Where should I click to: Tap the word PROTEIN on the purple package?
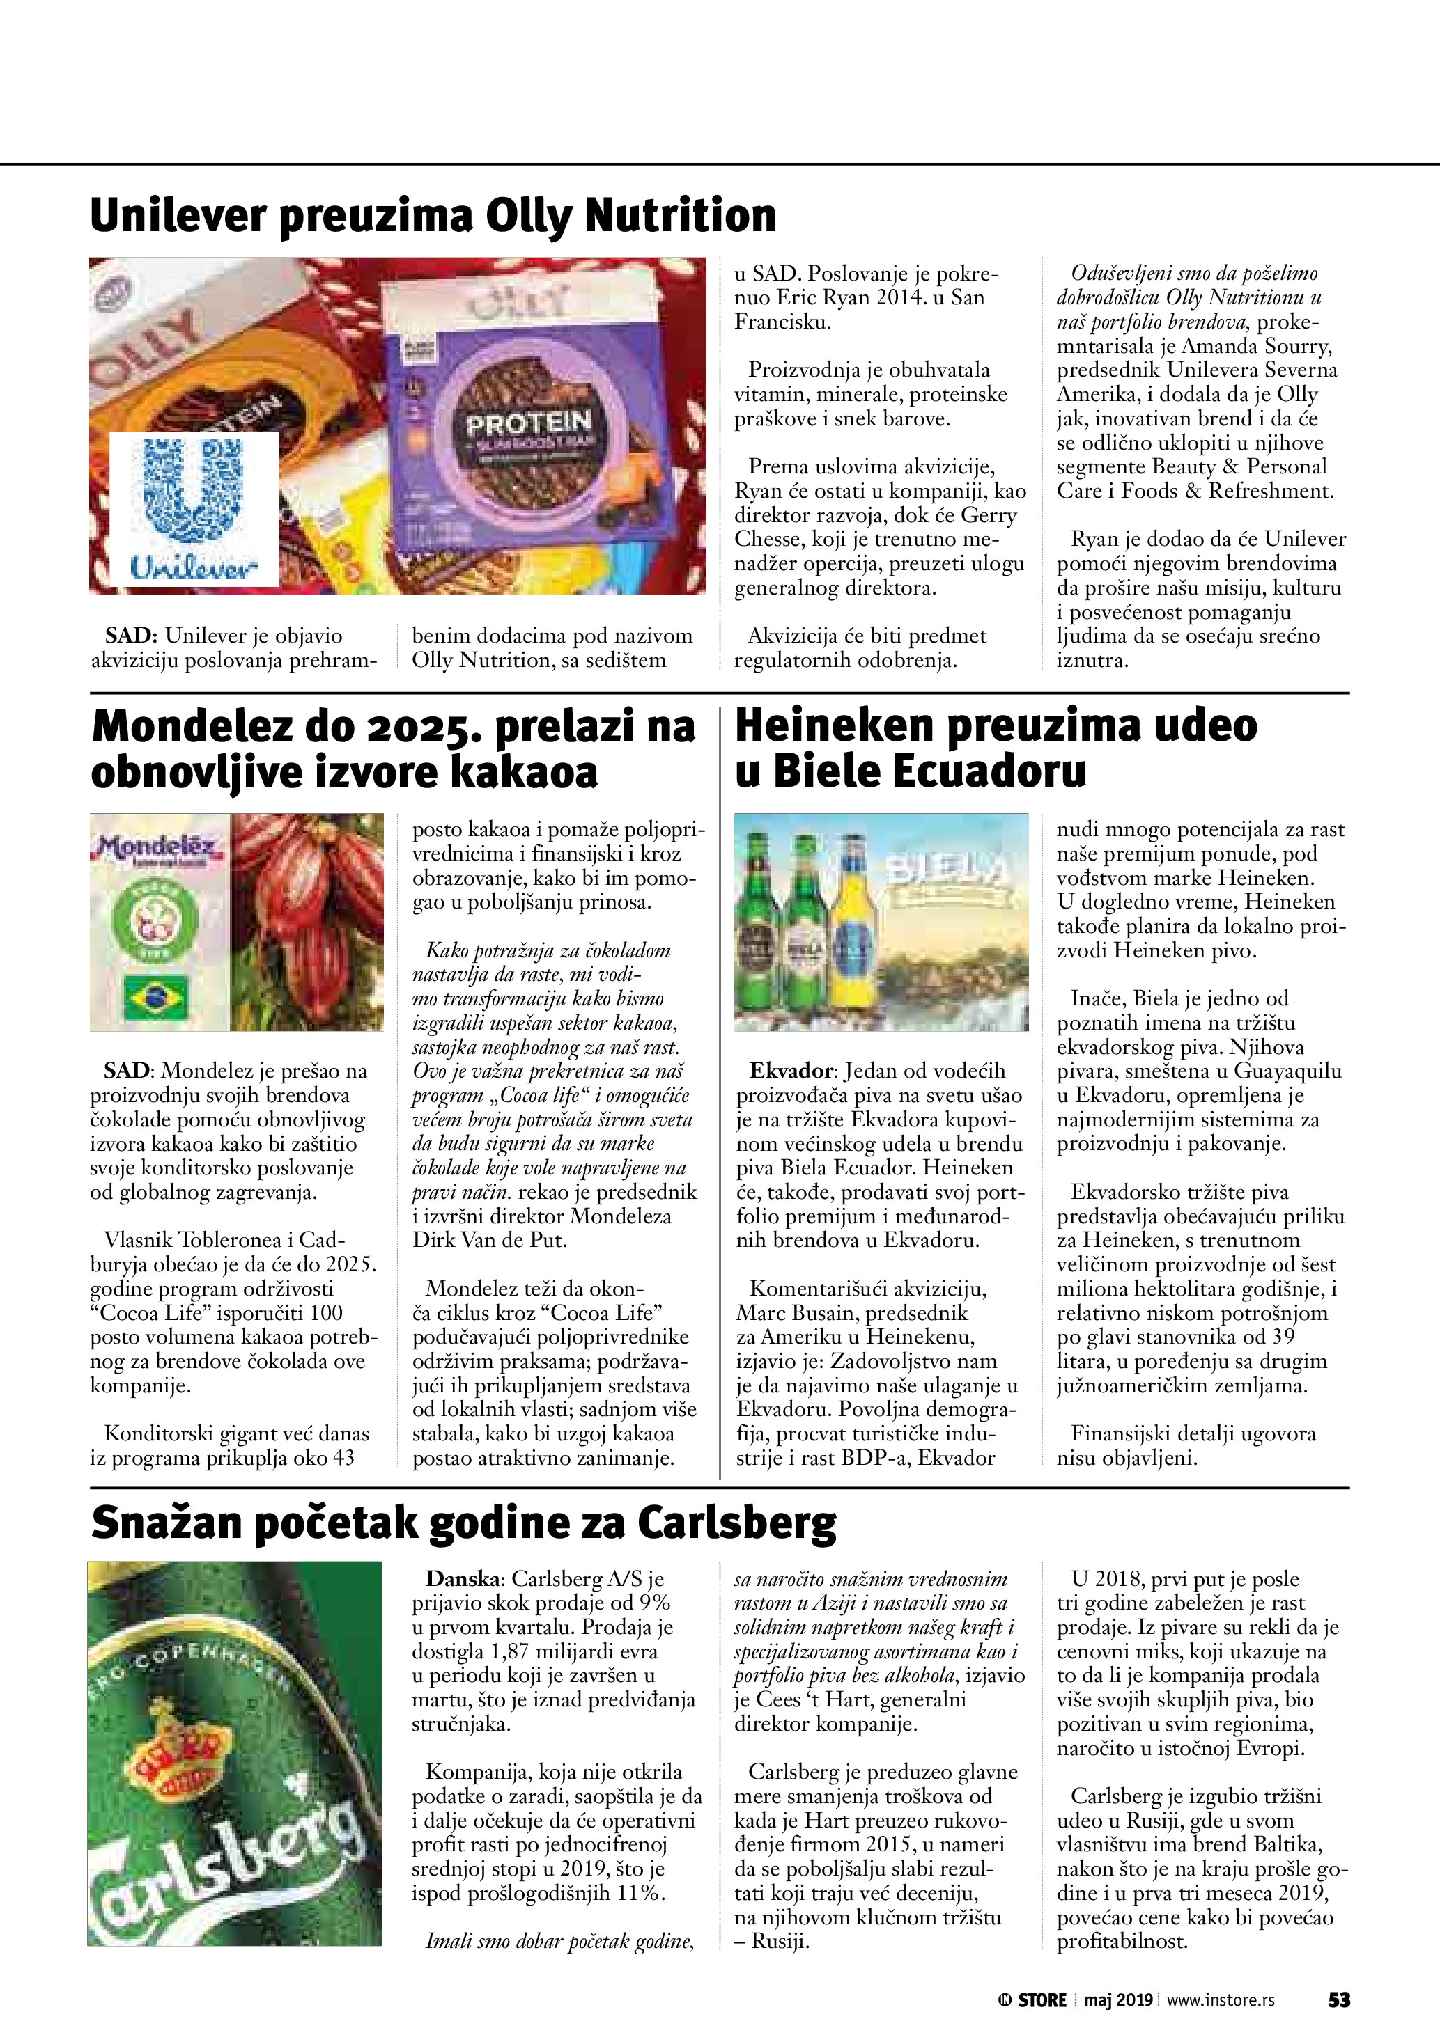click(x=529, y=423)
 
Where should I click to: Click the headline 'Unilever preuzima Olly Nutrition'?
click(x=433, y=215)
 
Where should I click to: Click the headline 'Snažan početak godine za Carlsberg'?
click(x=463, y=1523)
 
